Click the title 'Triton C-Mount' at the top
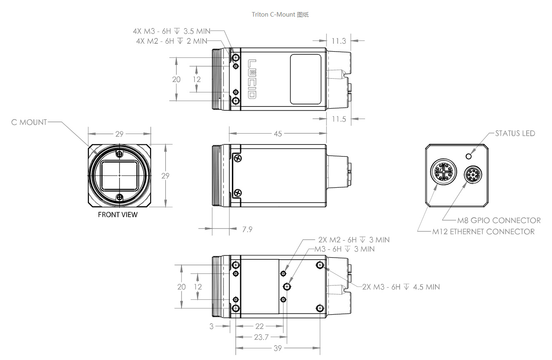point(280,15)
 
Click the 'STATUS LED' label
point(515,134)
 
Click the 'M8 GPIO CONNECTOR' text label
point(499,221)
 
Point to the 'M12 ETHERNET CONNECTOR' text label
point(483,231)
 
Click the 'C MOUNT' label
point(29,122)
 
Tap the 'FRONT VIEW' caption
point(117,215)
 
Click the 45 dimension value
point(278,134)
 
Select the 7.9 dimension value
point(247,229)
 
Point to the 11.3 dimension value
point(339,41)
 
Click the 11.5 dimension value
point(339,119)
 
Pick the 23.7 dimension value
point(261,337)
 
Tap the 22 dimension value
point(259,327)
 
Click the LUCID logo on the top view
point(252,79)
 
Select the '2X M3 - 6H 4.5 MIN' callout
point(401,287)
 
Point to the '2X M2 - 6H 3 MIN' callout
point(354,240)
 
